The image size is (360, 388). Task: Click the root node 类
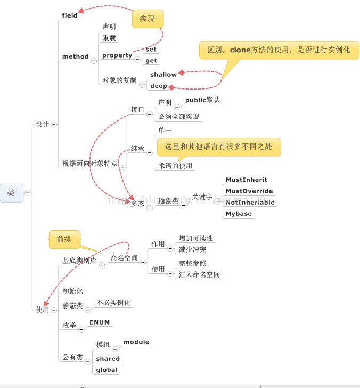pyautogui.click(x=11, y=193)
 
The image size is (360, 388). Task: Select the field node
pyautogui.click(x=70, y=15)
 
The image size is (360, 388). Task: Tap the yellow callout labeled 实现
pyautogui.click(x=148, y=19)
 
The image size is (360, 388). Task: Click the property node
pyautogui.click(x=117, y=55)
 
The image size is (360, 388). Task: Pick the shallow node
pyautogui.click(x=163, y=75)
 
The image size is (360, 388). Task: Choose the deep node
pyautogui.click(x=159, y=86)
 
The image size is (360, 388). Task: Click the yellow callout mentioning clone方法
pyautogui.click(x=279, y=50)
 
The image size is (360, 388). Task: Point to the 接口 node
pyautogui.click(x=137, y=109)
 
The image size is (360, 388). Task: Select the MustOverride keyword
pyautogui.click(x=249, y=191)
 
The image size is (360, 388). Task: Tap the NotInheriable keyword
pyautogui.click(x=250, y=203)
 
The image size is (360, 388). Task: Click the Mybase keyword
pyautogui.click(x=239, y=214)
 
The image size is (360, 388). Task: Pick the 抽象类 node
pyautogui.click(x=168, y=201)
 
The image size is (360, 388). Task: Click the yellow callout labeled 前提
pyautogui.click(x=64, y=239)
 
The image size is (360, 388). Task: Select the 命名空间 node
pyautogui.click(x=124, y=258)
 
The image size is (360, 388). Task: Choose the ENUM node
pyautogui.click(x=100, y=322)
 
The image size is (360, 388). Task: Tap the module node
pyautogui.click(x=136, y=342)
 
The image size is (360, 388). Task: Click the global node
pyautogui.click(x=107, y=370)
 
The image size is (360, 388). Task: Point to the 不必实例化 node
pyautogui.click(x=113, y=303)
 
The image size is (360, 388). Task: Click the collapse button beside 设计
pyautogui.click(x=54, y=124)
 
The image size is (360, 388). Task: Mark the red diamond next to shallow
pyautogui.click(x=182, y=72)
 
